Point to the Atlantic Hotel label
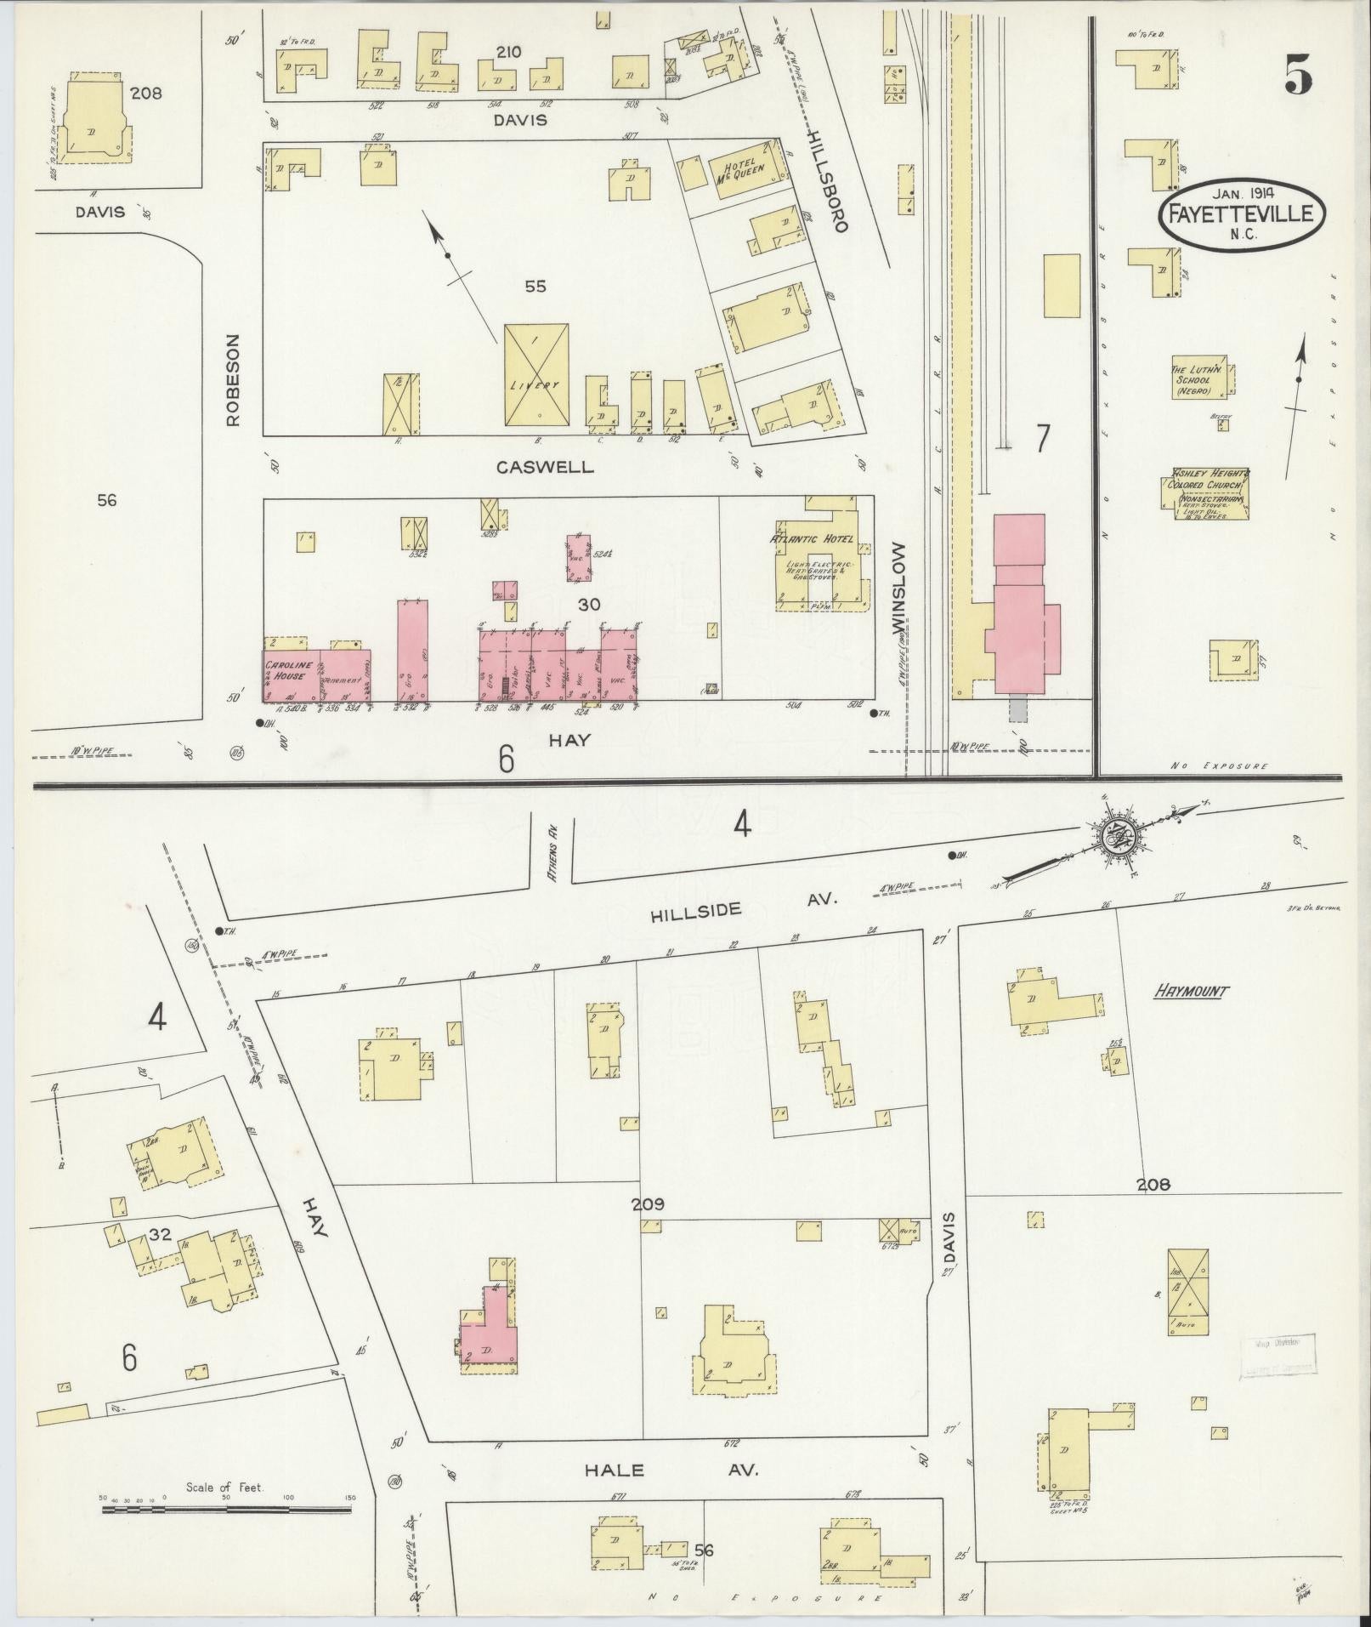click(812, 539)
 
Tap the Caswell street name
click(545, 467)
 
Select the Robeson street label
click(233, 378)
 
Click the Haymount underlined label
click(1190, 991)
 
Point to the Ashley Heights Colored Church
click(1205, 494)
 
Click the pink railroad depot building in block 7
click(1020, 612)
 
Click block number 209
click(647, 1204)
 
